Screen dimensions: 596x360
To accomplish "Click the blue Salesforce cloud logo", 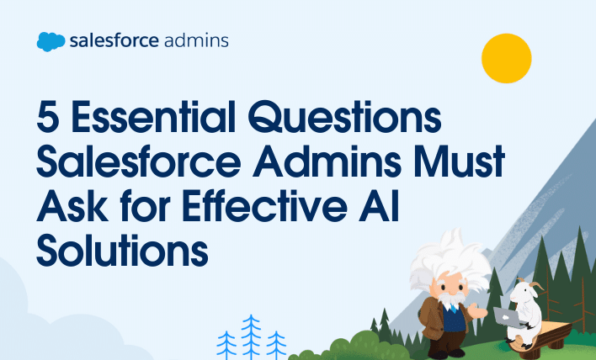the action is tap(51, 42).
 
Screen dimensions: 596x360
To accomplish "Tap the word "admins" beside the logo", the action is tap(196, 40).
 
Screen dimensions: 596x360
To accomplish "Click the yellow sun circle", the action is tap(506, 58).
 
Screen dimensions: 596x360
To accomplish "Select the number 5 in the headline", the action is tap(48, 117).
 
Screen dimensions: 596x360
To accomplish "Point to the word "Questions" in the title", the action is tap(344, 117).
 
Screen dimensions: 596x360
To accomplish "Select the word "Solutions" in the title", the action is tap(122, 250).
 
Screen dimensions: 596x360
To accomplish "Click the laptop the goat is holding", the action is tap(508, 317).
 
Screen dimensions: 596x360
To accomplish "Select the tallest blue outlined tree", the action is tap(251, 336).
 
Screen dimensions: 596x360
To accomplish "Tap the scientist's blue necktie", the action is tap(453, 308).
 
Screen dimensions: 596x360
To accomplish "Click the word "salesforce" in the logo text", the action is tap(114, 40).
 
